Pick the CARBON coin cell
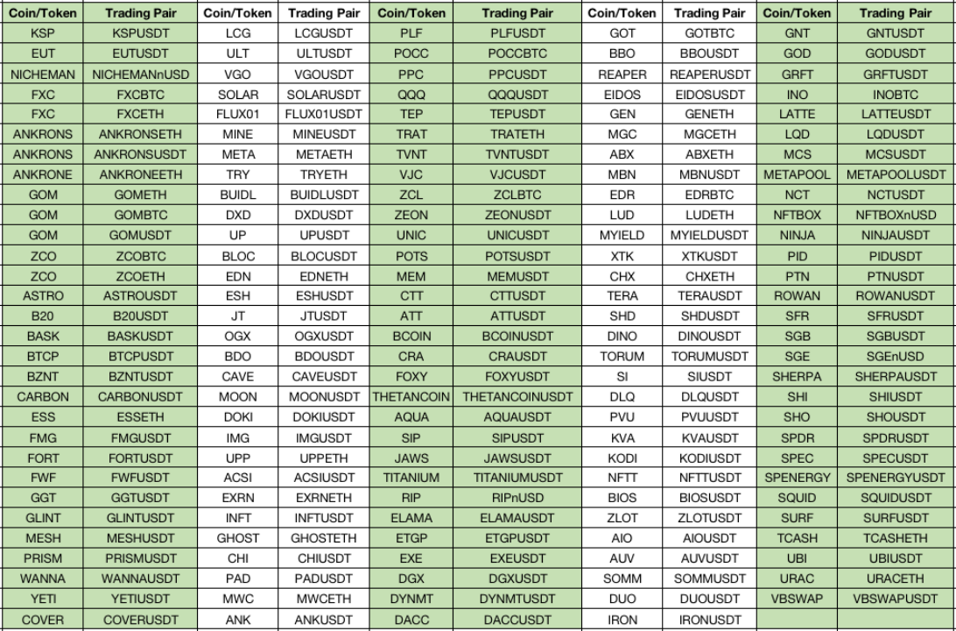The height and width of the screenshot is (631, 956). click(43, 397)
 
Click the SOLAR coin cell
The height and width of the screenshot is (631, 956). click(238, 95)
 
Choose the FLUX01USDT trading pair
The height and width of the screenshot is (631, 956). click(324, 115)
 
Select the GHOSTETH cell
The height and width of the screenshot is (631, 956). click(324, 538)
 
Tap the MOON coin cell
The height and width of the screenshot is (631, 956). click(238, 397)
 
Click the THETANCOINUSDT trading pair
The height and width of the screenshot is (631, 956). click(517, 397)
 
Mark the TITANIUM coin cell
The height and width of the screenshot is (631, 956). click(411, 478)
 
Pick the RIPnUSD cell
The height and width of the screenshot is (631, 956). click(517, 498)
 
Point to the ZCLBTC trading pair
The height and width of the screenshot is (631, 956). click(517, 195)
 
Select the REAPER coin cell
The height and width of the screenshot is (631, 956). click(622, 74)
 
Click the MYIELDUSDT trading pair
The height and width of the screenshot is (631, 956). click(709, 236)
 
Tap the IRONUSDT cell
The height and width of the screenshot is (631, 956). click(709, 620)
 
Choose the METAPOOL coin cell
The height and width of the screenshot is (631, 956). click(797, 175)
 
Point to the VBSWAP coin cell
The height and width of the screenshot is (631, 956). click(797, 599)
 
